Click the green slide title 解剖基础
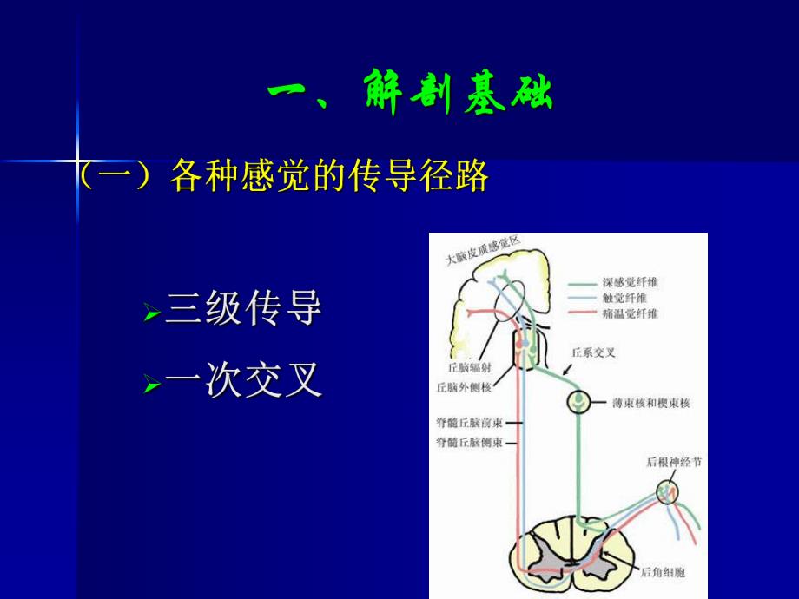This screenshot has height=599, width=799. pyautogui.click(x=409, y=95)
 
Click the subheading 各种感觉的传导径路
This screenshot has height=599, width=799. pyautogui.click(x=327, y=176)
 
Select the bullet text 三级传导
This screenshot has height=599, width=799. pyautogui.click(x=243, y=309)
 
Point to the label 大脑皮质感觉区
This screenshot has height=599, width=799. pyautogui.click(x=484, y=249)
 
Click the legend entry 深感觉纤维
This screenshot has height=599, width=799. pyautogui.click(x=630, y=283)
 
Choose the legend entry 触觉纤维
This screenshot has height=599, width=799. pyautogui.click(x=624, y=298)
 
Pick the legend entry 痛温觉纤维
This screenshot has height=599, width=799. pyautogui.click(x=630, y=313)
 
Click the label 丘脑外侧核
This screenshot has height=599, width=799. pyautogui.click(x=463, y=387)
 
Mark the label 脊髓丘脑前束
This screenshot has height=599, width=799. pyautogui.click(x=470, y=424)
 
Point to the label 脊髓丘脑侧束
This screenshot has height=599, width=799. pyautogui.click(x=470, y=443)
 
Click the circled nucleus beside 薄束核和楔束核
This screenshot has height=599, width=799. pyautogui.click(x=579, y=402)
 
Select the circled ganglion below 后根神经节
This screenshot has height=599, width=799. pyautogui.click(x=668, y=491)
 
